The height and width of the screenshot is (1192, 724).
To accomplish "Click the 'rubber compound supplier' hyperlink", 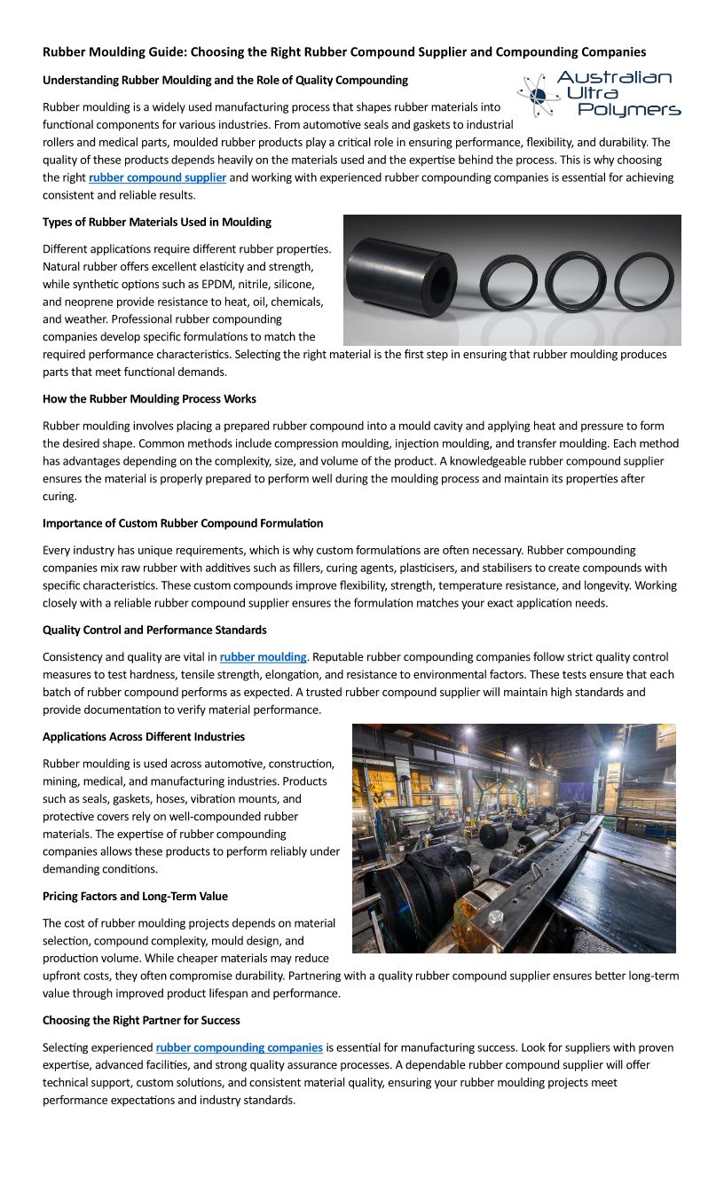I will click(157, 177).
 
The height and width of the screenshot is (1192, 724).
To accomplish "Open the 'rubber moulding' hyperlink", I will click(263, 657).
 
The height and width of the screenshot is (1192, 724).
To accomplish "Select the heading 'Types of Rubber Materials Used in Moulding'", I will click(157, 222).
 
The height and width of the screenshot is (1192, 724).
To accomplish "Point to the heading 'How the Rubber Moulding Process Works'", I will click(149, 399).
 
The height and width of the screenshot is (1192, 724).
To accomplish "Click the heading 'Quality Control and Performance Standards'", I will click(154, 630).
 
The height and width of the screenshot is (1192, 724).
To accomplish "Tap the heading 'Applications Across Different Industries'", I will click(144, 736).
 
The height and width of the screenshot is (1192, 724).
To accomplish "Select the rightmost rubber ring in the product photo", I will click(644, 281).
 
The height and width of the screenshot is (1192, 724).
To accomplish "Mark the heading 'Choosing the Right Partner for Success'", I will click(141, 1020).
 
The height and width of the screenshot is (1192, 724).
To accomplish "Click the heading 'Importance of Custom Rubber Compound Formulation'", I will click(183, 523).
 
